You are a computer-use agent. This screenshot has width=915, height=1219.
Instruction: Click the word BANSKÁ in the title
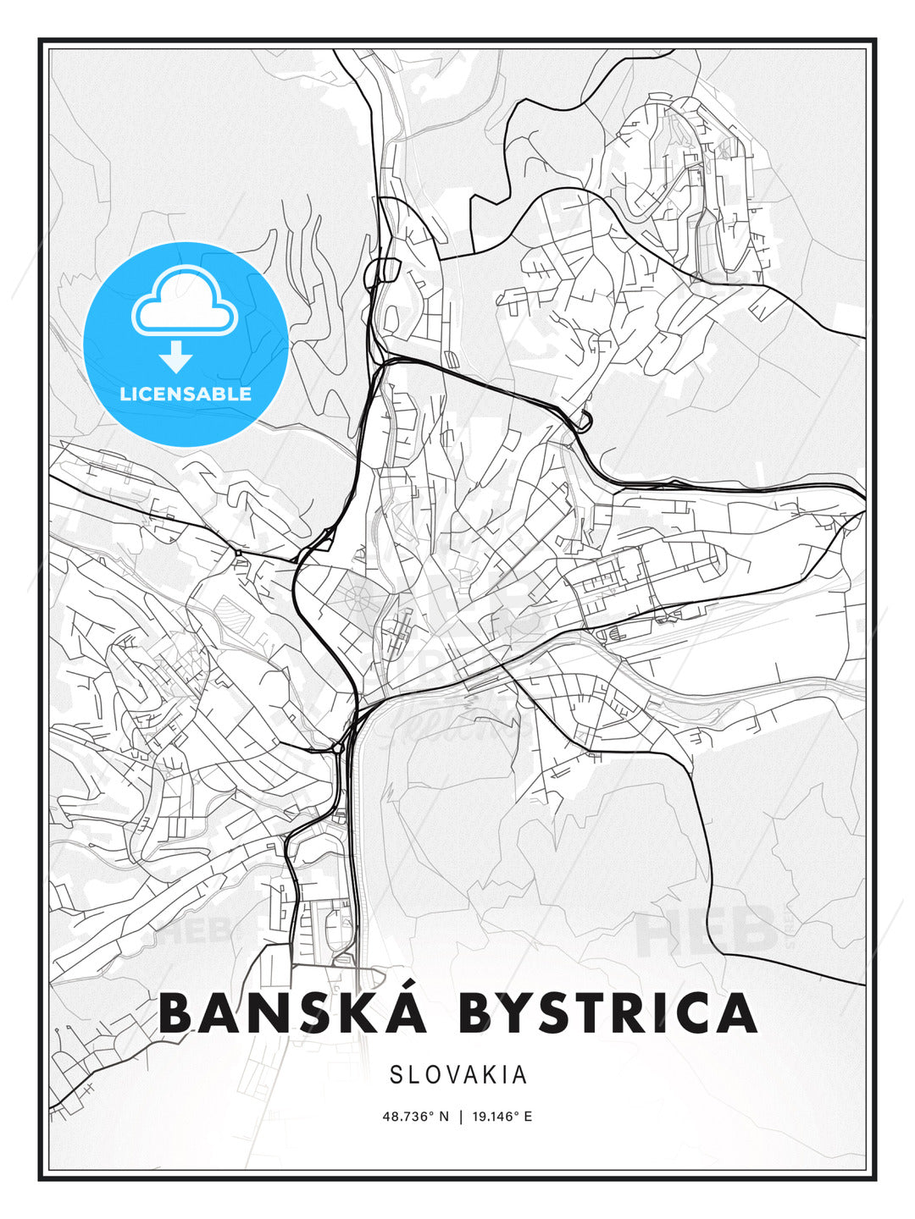(x=292, y=1013)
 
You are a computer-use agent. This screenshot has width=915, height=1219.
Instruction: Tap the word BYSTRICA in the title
(x=607, y=1013)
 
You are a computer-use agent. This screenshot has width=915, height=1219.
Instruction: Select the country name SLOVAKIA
(x=458, y=1075)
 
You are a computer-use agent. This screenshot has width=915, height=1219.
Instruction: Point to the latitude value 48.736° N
(x=415, y=1117)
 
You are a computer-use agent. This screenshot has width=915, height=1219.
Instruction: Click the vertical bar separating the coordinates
(x=461, y=1117)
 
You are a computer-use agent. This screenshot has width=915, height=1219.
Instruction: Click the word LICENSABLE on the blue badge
(x=186, y=394)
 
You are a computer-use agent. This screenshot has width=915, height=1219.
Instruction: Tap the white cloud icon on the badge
(x=183, y=301)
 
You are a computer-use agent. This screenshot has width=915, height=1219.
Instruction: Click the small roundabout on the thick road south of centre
(x=337, y=748)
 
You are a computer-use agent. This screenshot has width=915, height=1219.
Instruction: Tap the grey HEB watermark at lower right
(x=707, y=929)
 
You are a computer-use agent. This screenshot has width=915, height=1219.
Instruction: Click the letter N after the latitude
(x=442, y=1117)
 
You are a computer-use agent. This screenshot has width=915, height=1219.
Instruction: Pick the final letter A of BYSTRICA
(x=735, y=1013)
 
